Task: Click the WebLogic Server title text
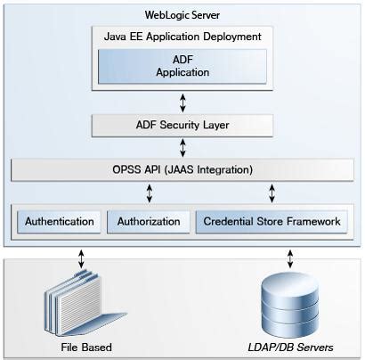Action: click(x=182, y=16)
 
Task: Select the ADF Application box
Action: click(x=182, y=67)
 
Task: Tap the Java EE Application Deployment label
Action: click(x=182, y=37)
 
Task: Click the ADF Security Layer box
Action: click(x=182, y=125)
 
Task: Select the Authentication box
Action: click(x=60, y=221)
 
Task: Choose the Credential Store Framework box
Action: click(x=272, y=221)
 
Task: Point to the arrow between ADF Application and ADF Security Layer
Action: click(x=182, y=101)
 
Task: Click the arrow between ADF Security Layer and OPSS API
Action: click(x=182, y=146)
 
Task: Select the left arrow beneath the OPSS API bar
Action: click(x=149, y=192)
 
